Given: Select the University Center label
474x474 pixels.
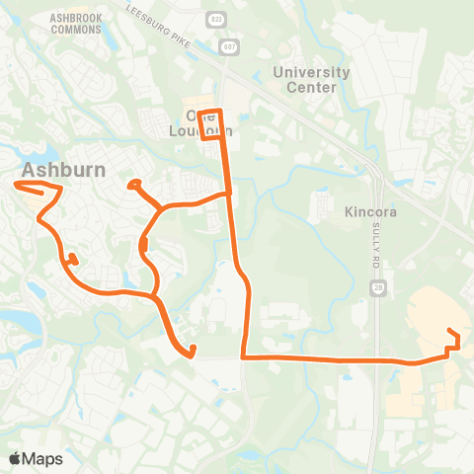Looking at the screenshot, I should pyautogui.click(x=311, y=79).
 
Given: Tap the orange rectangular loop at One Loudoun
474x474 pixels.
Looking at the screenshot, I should pyautogui.click(x=212, y=124).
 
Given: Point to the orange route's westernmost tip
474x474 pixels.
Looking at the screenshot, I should pyautogui.click(x=17, y=184).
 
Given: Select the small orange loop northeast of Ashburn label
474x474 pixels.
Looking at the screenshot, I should pyautogui.click(x=134, y=184).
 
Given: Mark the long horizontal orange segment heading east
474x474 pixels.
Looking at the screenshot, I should pyautogui.click(x=336, y=359).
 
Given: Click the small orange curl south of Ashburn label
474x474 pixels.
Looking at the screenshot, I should pyautogui.click(x=72, y=261).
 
